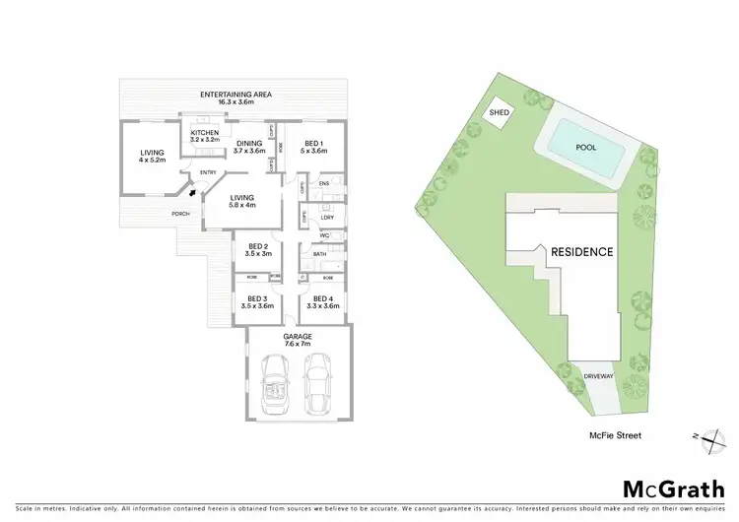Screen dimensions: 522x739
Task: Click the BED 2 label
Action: (x=258, y=249)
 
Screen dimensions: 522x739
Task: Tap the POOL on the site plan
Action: (x=585, y=147)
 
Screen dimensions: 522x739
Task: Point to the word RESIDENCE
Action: (x=581, y=252)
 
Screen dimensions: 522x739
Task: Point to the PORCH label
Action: (x=180, y=214)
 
